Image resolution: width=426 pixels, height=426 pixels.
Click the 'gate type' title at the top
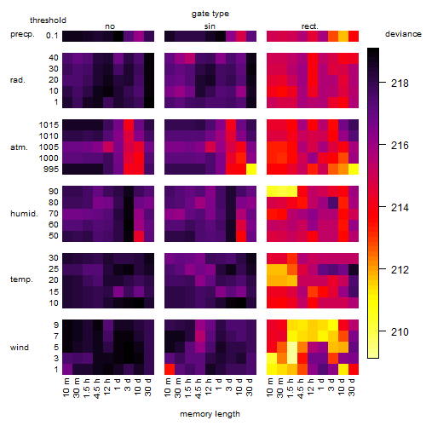(210, 14)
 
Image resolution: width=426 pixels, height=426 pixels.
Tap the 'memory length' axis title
(210, 414)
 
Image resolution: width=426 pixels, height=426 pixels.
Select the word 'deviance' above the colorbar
(403, 34)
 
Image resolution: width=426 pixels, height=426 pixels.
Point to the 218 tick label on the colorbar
(400, 83)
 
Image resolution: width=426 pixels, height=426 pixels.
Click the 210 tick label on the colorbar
(400, 331)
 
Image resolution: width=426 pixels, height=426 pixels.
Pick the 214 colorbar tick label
(400, 208)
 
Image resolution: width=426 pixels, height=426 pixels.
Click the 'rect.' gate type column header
(310, 26)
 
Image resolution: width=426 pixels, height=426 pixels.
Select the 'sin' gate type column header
(210, 26)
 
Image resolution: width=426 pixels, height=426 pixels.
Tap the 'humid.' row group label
(24, 214)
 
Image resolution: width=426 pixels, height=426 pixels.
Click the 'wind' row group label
(20, 348)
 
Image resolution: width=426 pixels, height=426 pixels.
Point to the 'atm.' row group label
(19, 147)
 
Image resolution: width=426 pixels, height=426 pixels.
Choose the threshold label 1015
(49, 125)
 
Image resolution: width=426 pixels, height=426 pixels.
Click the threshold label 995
(51, 170)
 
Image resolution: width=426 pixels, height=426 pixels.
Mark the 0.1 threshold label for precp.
(52, 36)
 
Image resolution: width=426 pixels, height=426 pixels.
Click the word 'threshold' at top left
(48, 20)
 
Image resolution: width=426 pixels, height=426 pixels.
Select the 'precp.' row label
(22, 34)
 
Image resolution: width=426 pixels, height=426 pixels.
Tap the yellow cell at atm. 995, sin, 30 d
(251, 170)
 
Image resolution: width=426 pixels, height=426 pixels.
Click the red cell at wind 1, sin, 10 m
(170, 369)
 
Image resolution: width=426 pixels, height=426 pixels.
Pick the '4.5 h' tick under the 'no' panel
(96, 388)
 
